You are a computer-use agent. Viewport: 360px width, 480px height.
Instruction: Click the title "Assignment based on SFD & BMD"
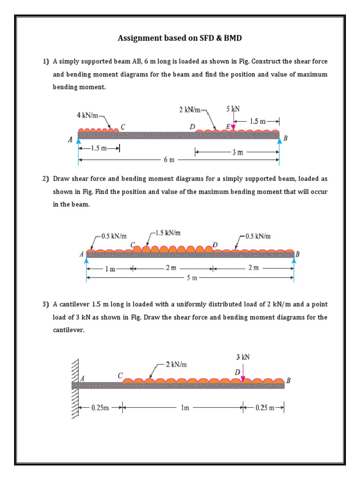point(180,38)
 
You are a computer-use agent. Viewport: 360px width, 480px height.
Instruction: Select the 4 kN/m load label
point(87,115)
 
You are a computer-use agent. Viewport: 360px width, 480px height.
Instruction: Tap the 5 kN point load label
point(233,109)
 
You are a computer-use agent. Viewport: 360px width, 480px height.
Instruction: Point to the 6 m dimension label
point(169,160)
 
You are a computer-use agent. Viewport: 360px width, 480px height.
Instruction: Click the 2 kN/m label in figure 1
point(190,110)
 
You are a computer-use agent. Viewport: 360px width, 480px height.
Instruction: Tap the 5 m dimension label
point(192,278)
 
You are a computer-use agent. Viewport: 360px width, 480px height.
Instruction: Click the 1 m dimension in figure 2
point(110,269)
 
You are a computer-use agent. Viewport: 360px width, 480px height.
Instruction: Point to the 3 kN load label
point(243,357)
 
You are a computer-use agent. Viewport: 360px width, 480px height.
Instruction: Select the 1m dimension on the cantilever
point(185,408)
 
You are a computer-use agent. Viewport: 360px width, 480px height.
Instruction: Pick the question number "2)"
point(45,179)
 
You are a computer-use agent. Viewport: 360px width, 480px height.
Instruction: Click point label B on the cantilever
point(288,381)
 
